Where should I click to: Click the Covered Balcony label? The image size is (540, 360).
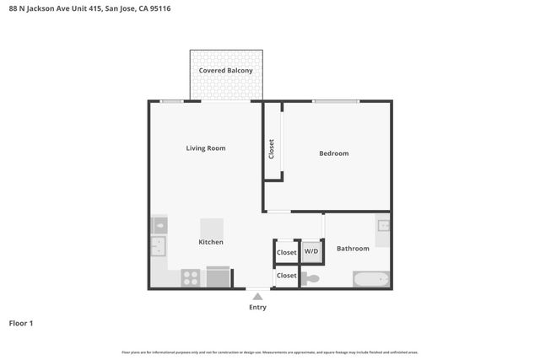(x=225, y=71)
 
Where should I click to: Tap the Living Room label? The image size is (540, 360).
(x=206, y=148)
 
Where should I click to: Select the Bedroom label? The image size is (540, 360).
(x=333, y=153)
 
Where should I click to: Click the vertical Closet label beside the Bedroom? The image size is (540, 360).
(x=272, y=149)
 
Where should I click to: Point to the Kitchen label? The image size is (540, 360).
(x=211, y=243)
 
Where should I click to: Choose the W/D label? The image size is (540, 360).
(x=311, y=252)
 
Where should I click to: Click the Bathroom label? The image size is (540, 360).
(x=353, y=249)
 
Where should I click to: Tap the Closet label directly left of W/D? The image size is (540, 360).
(x=287, y=252)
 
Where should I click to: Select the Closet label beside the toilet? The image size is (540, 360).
(x=287, y=276)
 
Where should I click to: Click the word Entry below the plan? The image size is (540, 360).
(x=257, y=308)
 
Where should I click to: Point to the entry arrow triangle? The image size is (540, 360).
(x=257, y=296)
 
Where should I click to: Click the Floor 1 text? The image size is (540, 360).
(x=21, y=323)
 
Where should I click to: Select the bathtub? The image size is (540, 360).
(x=370, y=279)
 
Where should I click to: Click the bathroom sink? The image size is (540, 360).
(x=383, y=226)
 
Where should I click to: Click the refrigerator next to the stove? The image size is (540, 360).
(x=218, y=277)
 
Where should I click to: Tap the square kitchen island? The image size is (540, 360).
(x=212, y=228)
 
